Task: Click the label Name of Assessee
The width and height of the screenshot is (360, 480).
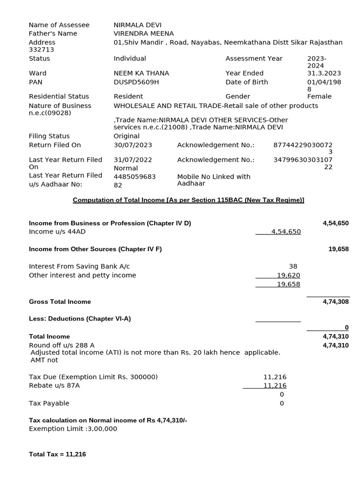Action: pyautogui.click(x=59, y=25)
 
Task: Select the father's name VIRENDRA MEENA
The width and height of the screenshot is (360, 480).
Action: pyautogui.click(x=143, y=33)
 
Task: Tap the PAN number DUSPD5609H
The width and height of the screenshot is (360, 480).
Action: pyautogui.click(x=136, y=82)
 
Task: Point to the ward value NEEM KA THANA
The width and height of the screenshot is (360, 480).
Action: pyautogui.click(x=141, y=73)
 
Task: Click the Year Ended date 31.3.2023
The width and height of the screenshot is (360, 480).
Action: pyautogui.click(x=324, y=73)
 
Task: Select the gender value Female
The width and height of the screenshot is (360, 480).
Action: pyautogui.click(x=319, y=96)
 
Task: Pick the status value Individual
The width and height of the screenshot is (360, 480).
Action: pyautogui.click(x=130, y=59)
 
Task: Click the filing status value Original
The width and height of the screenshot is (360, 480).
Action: pyautogui.click(x=127, y=136)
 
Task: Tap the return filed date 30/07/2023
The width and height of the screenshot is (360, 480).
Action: pyautogui.click(x=133, y=145)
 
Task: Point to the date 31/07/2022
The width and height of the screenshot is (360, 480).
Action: pyautogui.click(x=133, y=160)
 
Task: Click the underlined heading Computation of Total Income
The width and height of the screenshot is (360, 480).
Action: pyautogui.click(x=188, y=200)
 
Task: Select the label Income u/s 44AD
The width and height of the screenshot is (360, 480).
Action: pyautogui.click(x=57, y=232)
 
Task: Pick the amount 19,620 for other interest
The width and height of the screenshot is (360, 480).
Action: pyautogui.click(x=288, y=275)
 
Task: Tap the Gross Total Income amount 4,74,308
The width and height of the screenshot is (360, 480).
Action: pyautogui.click(x=336, y=302)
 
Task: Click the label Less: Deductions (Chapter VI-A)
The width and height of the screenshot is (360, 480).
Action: pyautogui.click(x=80, y=319)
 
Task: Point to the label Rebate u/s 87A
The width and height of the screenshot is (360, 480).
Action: pyautogui.click(x=54, y=385)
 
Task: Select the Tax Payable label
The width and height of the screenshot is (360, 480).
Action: pyautogui.click(x=49, y=403)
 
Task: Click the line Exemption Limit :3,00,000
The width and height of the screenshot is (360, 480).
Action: pyautogui.click(x=73, y=428)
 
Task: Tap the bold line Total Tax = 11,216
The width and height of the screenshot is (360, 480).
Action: pyautogui.click(x=57, y=454)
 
